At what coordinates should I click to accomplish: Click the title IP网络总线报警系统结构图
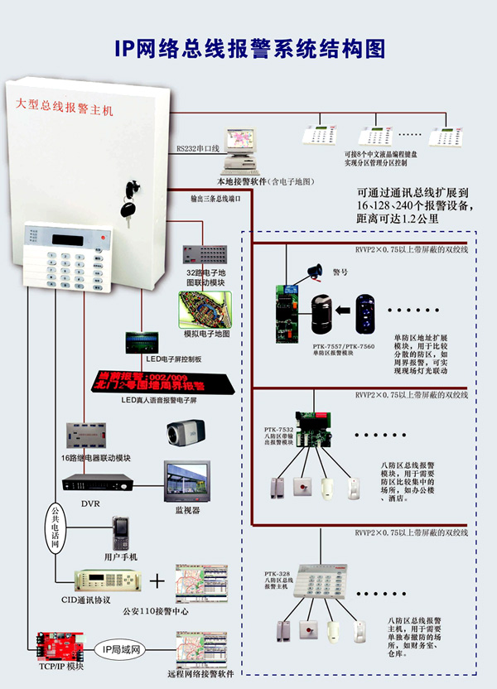249,49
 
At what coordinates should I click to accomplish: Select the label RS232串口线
197,149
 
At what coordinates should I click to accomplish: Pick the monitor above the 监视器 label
186,484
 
